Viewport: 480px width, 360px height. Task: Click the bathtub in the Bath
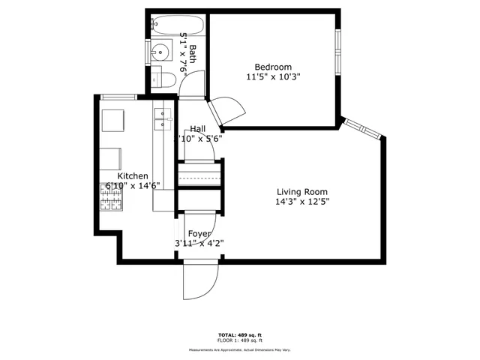click(177, 25)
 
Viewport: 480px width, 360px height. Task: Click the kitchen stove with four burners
click(112, 197)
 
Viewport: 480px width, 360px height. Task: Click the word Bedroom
click(273, 66)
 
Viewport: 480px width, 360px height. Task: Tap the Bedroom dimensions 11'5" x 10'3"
click(273, 76)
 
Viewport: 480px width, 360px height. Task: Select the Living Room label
click(303, 190)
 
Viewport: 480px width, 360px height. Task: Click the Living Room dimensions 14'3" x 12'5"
click(303, 201)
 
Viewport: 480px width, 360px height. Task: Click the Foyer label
click(199, 233)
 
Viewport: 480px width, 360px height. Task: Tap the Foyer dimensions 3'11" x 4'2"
click(199, 243)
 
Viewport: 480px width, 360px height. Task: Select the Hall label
click(198, 128)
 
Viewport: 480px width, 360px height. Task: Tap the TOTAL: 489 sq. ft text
click(239, 334)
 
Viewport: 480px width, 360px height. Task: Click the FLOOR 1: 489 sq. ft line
click(239, 340)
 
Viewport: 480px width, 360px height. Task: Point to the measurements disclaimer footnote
click(239, 349)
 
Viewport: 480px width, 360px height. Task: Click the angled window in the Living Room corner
click(363, 129)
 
